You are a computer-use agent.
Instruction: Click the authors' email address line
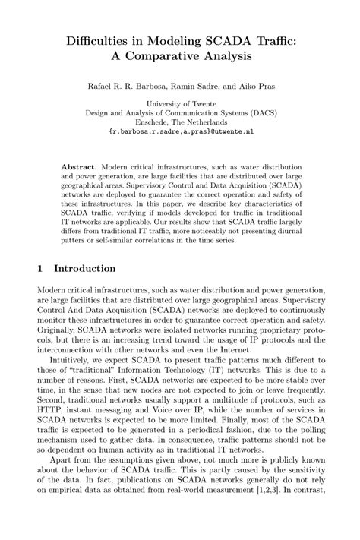pyautogui.click(x=179, y=131)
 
